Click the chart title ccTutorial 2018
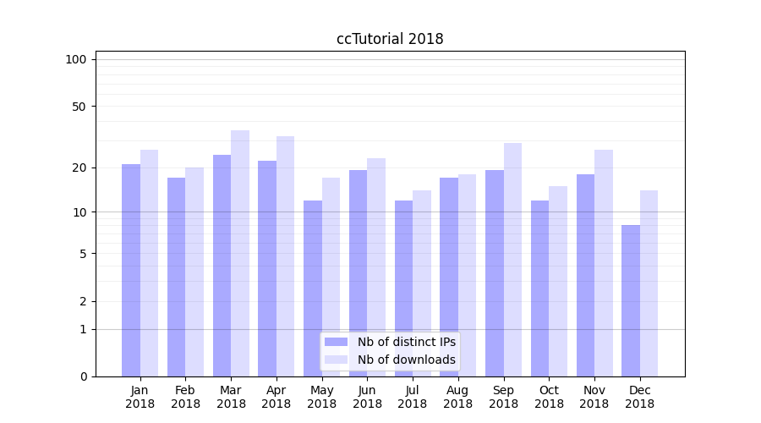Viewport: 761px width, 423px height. (x=390, y=39)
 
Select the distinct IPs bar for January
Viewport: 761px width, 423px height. (x=131, y=271)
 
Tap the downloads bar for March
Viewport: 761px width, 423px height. (x=240, y=254)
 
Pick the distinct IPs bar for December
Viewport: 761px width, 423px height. (x=631, y=300)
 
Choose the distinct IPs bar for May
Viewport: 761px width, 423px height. (x=313, y=288)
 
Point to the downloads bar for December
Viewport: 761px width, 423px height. (x=649, y=283)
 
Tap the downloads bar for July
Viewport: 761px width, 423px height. (x=422, y=283)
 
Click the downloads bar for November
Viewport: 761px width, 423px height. (x=604, y=262)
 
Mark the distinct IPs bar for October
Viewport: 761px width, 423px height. (x=539, y=288)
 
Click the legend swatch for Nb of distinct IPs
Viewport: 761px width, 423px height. (x=337, y=342)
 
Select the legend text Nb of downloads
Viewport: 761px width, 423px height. (x=407, y=360)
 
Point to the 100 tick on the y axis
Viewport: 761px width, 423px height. (x=76, y=59)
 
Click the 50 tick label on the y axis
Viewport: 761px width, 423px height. (x=79, y=107)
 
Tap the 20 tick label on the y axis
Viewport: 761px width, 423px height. (x=79, y=168)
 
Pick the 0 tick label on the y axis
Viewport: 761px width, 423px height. (x=83, y=376)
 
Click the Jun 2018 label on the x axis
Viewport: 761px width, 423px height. (x=367, y=397)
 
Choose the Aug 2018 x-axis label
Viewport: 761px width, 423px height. (x=457, y=397)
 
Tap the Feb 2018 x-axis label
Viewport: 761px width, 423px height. (x=185, y=397)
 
